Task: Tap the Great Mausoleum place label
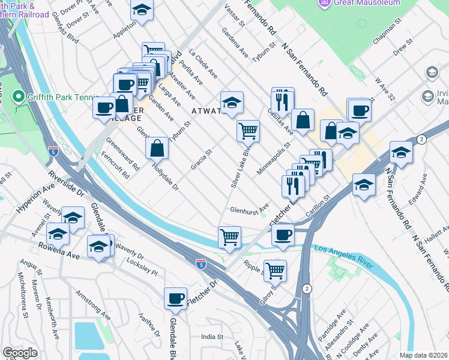(366, 3)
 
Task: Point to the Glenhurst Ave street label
(249, 209)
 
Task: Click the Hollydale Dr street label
(165, 177)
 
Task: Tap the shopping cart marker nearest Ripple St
(275, 270)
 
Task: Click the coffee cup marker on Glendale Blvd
(175, 298)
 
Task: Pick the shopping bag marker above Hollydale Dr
(157, 147)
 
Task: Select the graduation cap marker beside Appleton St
(142, 11)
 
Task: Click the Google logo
(20, 353)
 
